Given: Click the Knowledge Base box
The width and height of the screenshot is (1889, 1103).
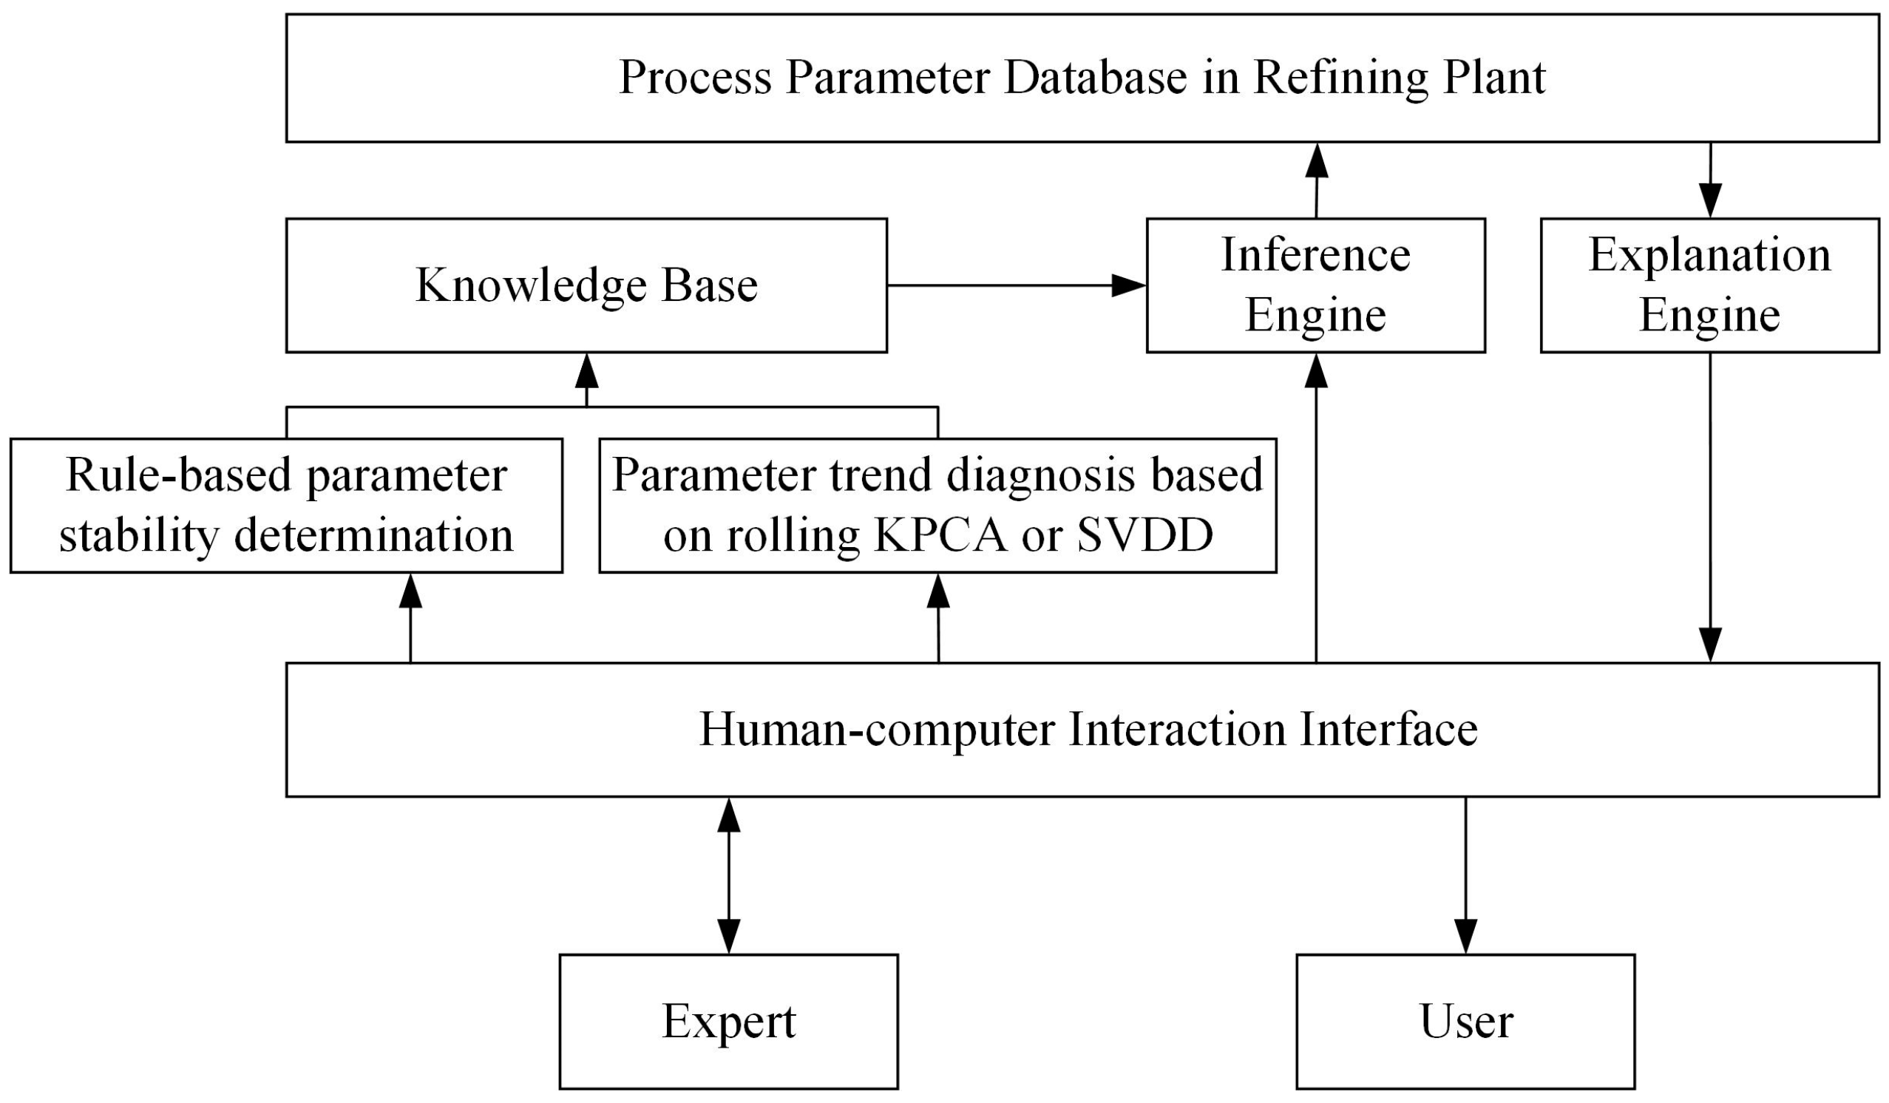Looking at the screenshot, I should click(x=586, y=285).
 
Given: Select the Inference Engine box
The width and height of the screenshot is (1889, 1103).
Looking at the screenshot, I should click(x=1315, y=285).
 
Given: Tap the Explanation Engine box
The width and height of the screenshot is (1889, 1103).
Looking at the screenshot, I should click(x=1709, y=285).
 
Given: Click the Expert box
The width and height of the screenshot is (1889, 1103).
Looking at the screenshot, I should click(x=729, y=1022).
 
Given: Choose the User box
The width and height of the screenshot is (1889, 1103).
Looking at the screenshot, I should click(x=1465, y=1022).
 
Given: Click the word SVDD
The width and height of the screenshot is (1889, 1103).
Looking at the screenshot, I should click(x=1145, y=536).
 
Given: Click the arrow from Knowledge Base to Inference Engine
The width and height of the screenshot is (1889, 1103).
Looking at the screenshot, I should click(x=1016, y=285).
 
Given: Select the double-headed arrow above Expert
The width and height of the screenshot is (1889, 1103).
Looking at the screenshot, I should click(x=729, y=875).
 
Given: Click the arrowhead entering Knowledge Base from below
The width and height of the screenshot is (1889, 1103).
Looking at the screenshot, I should click(x=586, y=370).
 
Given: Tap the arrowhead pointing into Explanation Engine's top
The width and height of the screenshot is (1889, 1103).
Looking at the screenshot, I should click(x=1710, y=201).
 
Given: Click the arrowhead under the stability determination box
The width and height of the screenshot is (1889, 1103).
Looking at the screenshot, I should click(x=410, y=591).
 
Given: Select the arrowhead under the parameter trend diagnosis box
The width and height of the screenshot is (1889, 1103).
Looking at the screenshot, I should click(x=938, y=591).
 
